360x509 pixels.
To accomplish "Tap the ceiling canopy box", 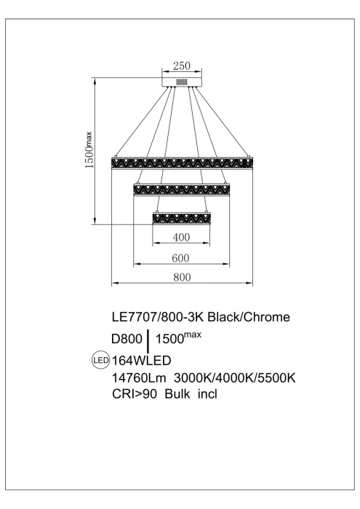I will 182,79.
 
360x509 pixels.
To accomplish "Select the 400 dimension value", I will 182,237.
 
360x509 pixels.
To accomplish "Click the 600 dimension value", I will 182,257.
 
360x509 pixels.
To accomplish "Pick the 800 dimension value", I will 182,276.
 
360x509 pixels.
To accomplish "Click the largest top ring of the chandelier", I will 182,160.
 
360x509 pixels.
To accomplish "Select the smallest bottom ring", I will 182,217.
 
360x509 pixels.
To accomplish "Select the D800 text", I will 126,339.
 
